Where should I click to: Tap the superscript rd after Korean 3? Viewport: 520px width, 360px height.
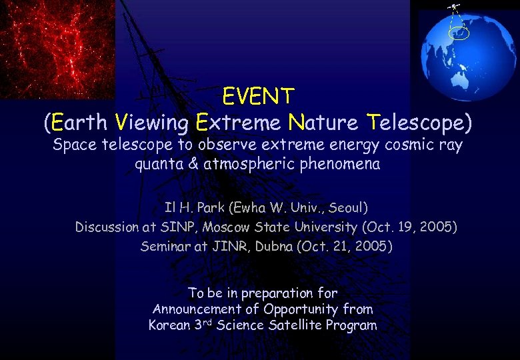coord(206,323)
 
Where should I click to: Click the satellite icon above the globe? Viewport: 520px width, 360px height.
coord(455,7)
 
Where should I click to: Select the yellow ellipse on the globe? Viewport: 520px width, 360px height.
coord(460,32)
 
